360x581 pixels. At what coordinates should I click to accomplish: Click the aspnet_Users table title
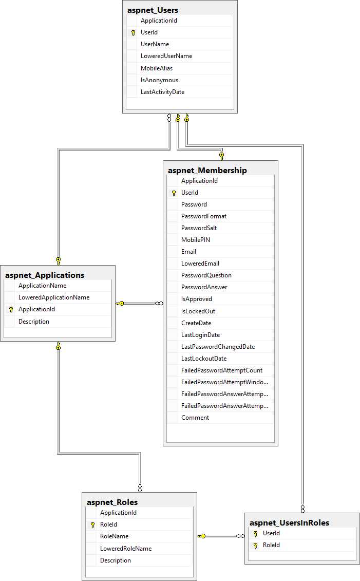[x=153, y=10]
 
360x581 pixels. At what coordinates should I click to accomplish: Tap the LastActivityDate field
[x=162, y=92]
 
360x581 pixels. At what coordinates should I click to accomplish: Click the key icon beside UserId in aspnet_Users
[x=133, y=32]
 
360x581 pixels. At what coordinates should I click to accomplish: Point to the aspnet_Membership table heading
[x=207, y=170]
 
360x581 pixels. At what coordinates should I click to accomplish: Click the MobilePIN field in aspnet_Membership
[x=195, y=240]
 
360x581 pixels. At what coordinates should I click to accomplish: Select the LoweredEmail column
[x=200, y=264]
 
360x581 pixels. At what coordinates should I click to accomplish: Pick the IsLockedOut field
[x=198, y=311]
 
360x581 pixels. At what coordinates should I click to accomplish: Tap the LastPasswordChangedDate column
[x=218, y=347]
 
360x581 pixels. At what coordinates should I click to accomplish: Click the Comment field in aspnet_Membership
[x=195, y=418]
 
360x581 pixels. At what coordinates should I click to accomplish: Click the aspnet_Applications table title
[x=45, y=275]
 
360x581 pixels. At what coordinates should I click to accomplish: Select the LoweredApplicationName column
[x=54, y=297]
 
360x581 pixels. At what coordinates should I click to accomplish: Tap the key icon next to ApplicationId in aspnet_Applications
[x=11, y=310]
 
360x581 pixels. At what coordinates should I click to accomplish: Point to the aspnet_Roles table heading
[x=112, y=502]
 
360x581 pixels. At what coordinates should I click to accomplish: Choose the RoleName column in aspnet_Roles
[x=114, y=536]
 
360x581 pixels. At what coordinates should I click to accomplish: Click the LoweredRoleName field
[x=126, y=549]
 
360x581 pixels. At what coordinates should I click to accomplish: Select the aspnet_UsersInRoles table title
[x=289, y=522]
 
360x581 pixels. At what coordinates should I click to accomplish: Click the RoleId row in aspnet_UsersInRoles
[x=271, y=545]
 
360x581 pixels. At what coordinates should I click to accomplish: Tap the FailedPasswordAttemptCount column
[x=221, y=370]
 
